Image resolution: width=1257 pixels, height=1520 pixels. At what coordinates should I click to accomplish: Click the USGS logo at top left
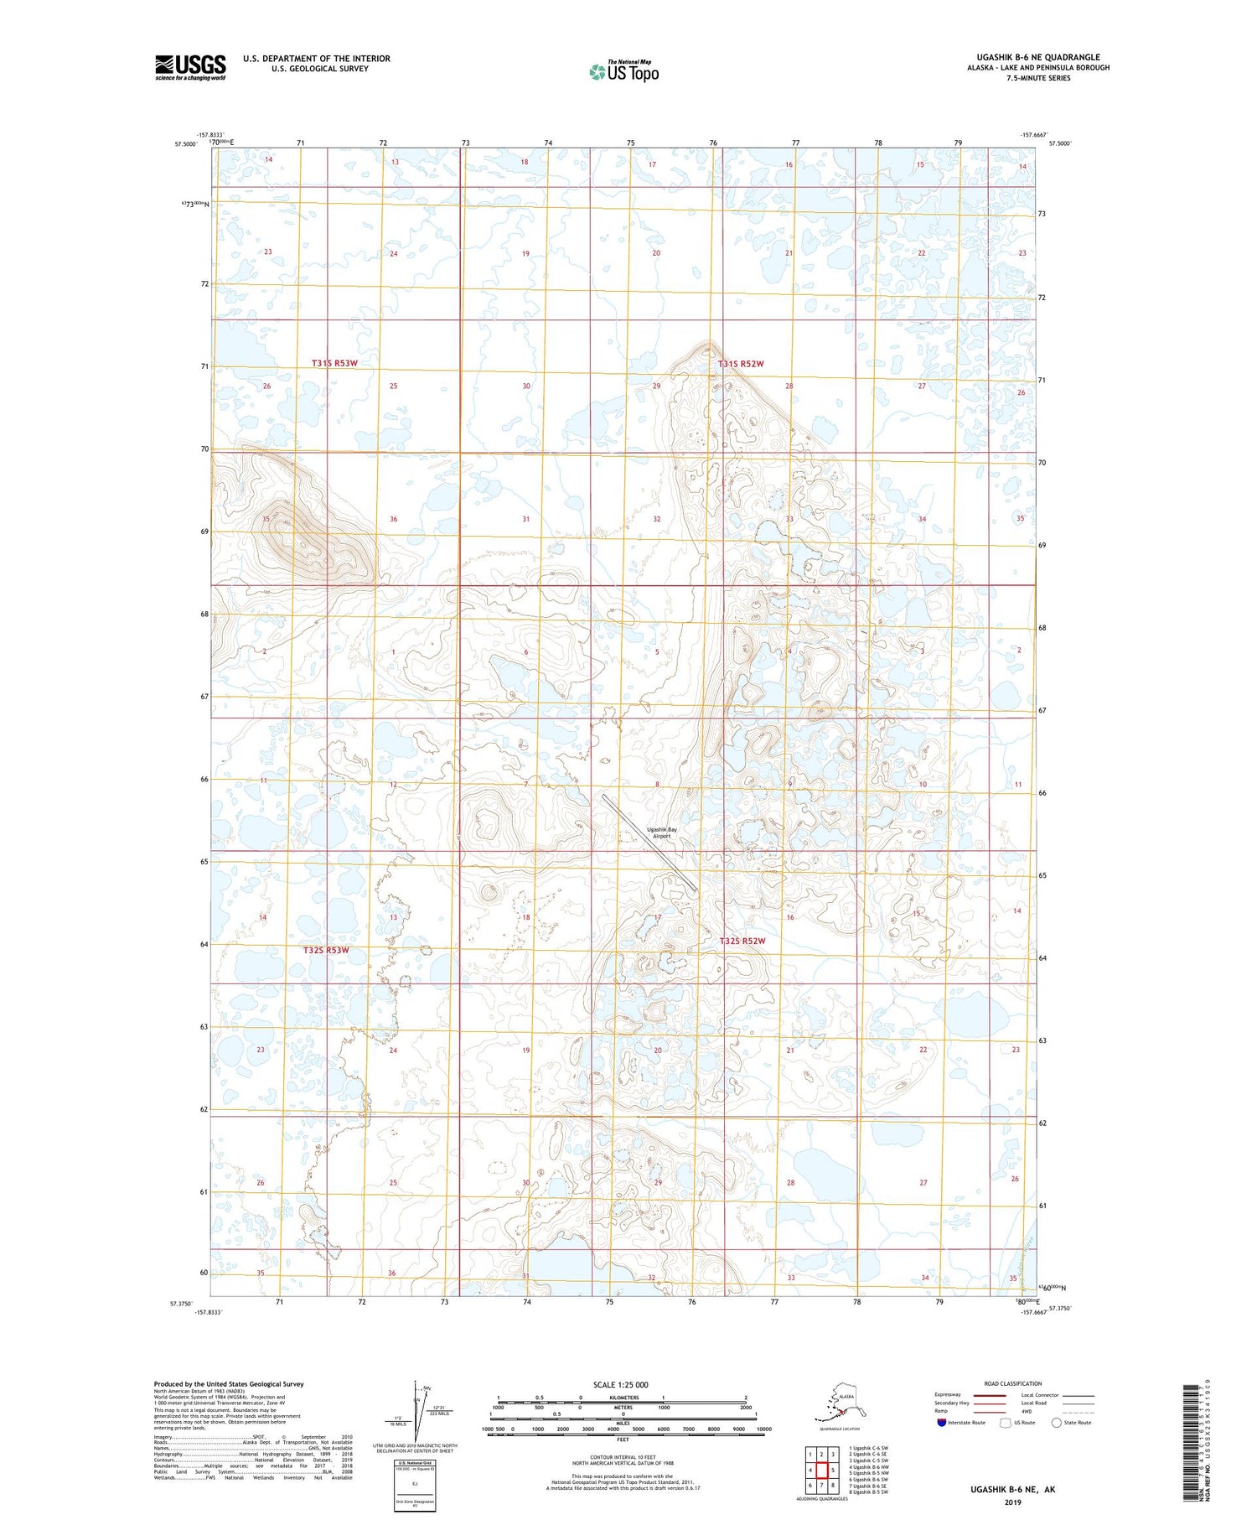pyautogui.click(x=190, y=67)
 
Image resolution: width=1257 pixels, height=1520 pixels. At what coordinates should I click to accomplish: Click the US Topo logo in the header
pyautogui.click(x=624, y=71)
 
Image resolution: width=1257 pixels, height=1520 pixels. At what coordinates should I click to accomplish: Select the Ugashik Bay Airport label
pyautogui.click(x=662, y=833)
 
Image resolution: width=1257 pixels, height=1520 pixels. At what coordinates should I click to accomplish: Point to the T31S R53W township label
pyautogui.click(x=334, y=363)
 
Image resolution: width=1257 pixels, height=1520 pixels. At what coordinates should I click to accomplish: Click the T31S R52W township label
pyautogui.click(x=741, y=364)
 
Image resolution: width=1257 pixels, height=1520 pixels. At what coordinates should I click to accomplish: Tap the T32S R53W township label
pyautogui.click(x=325, y=950)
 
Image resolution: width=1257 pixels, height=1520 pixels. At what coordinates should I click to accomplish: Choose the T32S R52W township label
pyautogui.click(x=742, y=941)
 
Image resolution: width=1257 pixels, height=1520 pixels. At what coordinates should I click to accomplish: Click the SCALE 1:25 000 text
pyautogui.click(x=620, y=1384)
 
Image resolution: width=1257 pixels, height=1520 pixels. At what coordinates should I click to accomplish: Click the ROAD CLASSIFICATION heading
pyautogui.click(x=1013, y=1383)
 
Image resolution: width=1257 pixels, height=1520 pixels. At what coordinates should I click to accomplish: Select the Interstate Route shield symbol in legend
pyautogui.click(x=942, y=1422)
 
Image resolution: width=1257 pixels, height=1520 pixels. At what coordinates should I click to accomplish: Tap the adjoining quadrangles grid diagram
pyautogui.click(x=821, y=1470)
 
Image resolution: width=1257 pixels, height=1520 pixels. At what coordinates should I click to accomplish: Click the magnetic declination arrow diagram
pyautogui.click(x=416, y=1408)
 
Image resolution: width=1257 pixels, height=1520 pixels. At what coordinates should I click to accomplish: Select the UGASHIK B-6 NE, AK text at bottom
pyautogui.click(x=1012, y=1489)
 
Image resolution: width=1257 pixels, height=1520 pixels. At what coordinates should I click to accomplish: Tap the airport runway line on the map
pyautogui.click(x=649, y=842)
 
